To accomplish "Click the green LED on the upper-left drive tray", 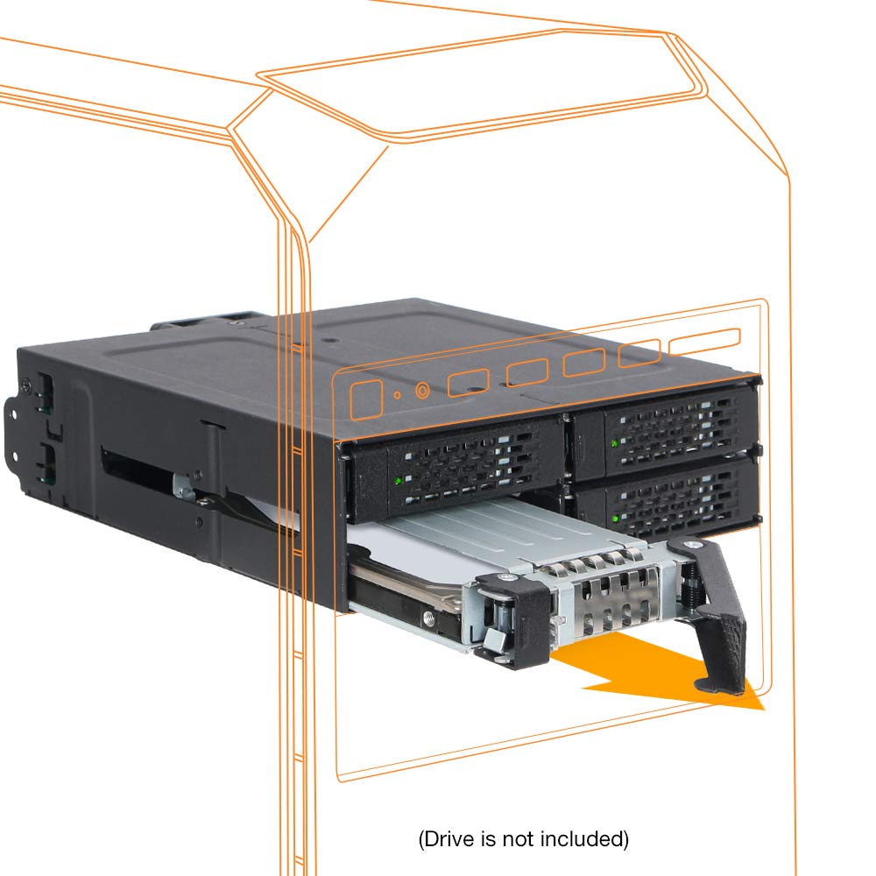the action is tap(399, 480).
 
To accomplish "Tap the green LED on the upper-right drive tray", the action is tap(614, 443).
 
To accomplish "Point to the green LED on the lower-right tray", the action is tap(615, 519).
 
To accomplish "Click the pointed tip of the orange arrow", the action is tap(763, 709).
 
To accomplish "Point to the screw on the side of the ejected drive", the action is tap(428, 618).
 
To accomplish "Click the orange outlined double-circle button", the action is tap(422, 391).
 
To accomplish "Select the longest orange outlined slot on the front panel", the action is tap(704, 341).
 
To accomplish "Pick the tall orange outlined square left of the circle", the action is tap(366, 399).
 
